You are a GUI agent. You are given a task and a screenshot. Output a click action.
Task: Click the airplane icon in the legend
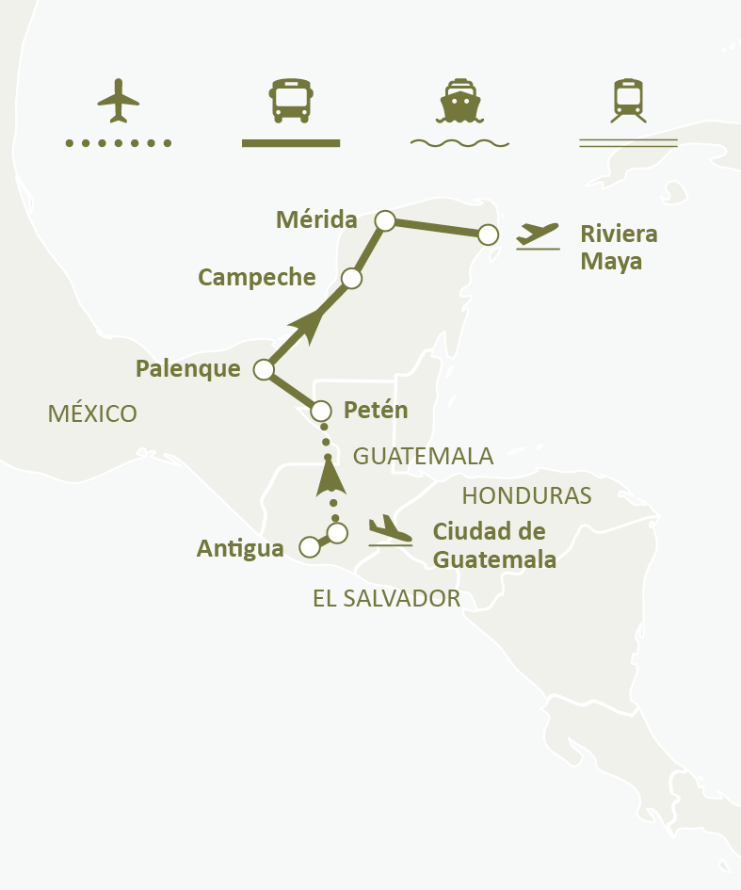tap(118, 100)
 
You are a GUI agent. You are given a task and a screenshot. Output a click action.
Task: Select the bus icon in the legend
tap(290, 100)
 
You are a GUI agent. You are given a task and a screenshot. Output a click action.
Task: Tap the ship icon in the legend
tap(459, 100)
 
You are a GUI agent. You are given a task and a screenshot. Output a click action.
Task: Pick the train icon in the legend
tap(628, 100)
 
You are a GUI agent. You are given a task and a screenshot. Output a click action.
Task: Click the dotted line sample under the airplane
tap(118, 143)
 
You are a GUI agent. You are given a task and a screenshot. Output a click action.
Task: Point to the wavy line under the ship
tap(459, 143)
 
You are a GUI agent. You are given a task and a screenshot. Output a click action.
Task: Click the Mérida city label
tap(316, 220)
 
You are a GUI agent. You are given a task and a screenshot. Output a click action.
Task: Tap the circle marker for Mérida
tap(384, 220)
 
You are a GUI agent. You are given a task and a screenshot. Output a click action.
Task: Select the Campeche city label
tap(256, 277)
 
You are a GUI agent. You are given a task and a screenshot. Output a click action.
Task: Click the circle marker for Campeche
tap(351, 279)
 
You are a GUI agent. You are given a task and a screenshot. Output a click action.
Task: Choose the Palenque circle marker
tap(265, 369)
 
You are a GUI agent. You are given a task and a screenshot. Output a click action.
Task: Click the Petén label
tap(376, 411)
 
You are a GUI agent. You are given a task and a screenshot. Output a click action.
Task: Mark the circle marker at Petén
tap(321, 411)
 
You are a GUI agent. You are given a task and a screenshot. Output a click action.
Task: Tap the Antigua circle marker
tap(308, 547)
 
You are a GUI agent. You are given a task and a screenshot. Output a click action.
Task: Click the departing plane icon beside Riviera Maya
tap(538, 235)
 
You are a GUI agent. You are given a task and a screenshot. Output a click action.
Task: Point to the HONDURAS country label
tap(526, 495)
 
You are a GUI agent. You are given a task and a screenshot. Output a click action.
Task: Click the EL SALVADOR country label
tap(386, 599)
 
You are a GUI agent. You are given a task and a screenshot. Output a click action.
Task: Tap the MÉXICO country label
tap(92, 413)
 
